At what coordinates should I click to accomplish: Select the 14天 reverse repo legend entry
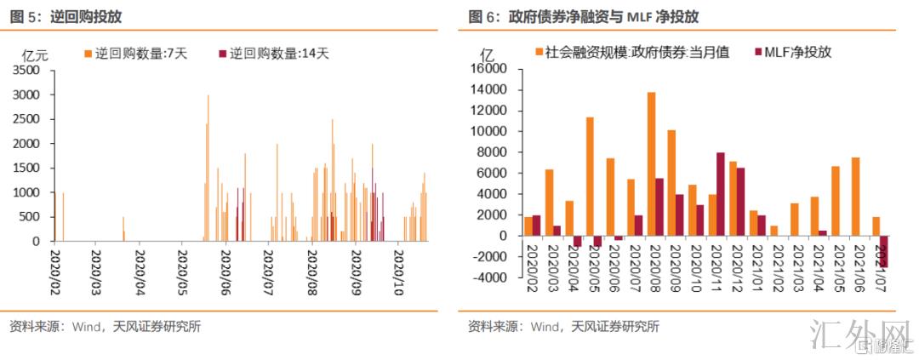click(273, 53)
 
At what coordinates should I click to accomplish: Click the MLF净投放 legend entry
click(791, 52)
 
